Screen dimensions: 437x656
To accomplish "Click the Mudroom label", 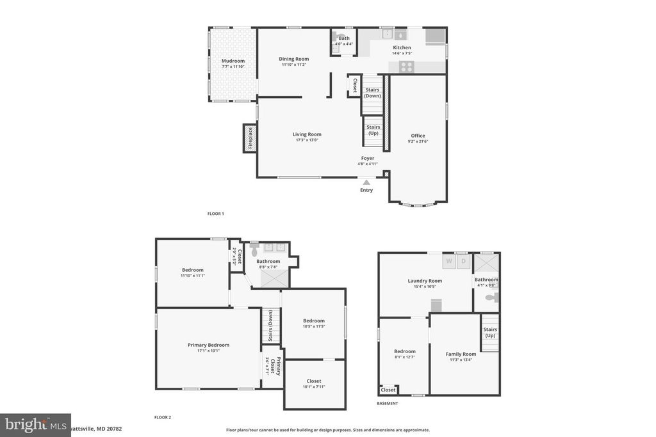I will point(233,61).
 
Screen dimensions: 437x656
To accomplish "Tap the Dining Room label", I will point(294,59).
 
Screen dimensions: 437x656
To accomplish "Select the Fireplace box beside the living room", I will point(249,139).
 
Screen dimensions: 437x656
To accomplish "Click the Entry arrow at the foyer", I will point(366,183).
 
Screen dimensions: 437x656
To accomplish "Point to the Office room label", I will point(418,136).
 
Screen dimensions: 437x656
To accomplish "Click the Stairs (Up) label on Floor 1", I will point(373,130).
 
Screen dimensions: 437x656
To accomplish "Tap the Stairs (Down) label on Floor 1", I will point(372,93).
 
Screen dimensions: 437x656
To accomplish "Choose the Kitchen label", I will point(402,47).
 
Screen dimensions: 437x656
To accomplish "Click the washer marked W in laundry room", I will point(449,261).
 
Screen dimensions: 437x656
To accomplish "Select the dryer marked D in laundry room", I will point(464,261).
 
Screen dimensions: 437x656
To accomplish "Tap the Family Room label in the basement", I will point(461,354).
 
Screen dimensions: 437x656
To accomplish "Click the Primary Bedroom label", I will point(208,345).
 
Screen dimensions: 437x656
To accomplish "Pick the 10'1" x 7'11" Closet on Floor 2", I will point(314,381).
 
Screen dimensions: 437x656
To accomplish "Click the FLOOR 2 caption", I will point(163,417).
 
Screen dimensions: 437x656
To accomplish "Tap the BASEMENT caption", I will point(387,403).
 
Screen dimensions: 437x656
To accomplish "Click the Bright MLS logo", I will point(35,425).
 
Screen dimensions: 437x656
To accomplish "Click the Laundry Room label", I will point(425,280).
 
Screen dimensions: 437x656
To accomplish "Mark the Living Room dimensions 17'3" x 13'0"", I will point(307,140).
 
